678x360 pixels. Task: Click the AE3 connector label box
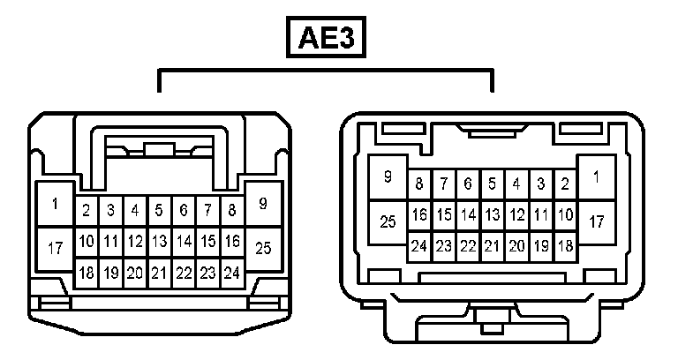326,38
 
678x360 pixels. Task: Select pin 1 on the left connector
55,205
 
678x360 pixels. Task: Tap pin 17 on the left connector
55,248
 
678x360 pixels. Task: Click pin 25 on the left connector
262,248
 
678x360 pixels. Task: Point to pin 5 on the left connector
159,210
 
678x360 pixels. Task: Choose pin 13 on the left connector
159,240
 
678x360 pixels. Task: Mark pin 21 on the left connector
159,273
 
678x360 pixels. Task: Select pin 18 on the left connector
87,273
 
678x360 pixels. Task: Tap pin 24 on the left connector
231,273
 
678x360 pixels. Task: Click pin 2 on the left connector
87,210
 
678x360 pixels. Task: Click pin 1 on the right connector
597,177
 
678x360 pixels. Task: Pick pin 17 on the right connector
597,221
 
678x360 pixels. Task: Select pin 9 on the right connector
388,177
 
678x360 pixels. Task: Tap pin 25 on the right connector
388,221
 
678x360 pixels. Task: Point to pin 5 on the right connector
493,184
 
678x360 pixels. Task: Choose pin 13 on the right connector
493,214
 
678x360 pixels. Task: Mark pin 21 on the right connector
493,246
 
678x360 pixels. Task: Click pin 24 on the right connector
419,246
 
